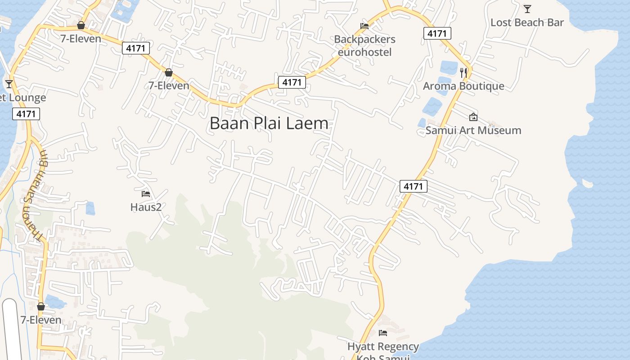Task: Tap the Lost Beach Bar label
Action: click(x=527, y=22)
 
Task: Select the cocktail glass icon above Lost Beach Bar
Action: click(x=527, y=9)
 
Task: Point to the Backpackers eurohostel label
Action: click(x=364, y=45)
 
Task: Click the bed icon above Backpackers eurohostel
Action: click(x=364, y=26)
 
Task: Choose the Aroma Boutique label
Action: click(x=463, y=86)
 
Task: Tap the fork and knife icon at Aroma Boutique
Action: click(x=463, y=72)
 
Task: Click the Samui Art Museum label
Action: click(x=473, y=130)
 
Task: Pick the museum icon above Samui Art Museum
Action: click(x=473, y=117)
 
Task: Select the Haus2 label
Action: click(x=146, y=207)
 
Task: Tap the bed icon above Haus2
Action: click(x=146, y=194)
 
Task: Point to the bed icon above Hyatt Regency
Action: click(x=383, y=333)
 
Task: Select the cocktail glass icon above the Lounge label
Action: click(x=9, y=84)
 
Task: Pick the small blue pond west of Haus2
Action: click(x=90, y=208)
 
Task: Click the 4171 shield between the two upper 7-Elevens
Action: click(x=136, y=48)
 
